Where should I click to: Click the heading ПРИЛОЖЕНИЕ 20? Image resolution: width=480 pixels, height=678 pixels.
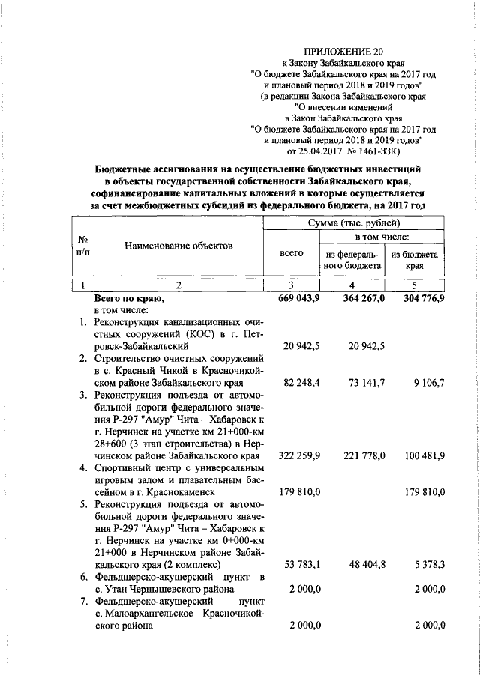342,52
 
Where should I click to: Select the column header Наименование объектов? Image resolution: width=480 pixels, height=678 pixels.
178,246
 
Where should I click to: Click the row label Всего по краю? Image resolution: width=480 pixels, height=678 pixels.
124,298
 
